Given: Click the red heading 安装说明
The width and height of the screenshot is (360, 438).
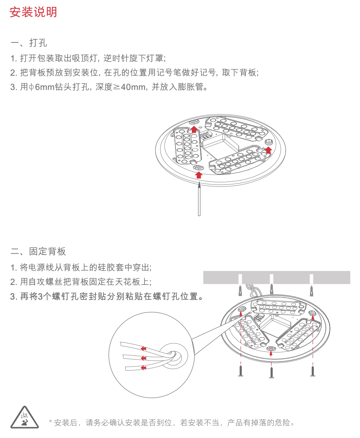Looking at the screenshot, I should [33, 12].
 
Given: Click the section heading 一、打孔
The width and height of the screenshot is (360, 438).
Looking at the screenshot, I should [29, 43].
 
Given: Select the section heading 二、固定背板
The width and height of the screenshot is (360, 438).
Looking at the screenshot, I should [38, 251].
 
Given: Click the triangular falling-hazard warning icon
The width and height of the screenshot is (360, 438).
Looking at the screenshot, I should [24, 418].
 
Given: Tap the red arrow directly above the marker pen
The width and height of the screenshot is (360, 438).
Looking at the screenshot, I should [199, 175].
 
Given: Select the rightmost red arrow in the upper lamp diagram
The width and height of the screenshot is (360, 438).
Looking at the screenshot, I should [268, 150].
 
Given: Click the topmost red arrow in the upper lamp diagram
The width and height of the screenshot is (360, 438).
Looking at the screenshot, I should [194, 129].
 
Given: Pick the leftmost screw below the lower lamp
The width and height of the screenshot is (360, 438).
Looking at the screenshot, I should [241, 370].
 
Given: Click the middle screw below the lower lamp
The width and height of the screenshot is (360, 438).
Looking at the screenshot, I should [271, 372].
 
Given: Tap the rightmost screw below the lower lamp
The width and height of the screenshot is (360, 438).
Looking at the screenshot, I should [312, 370].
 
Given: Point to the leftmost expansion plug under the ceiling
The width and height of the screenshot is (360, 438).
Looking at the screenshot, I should [240, 291].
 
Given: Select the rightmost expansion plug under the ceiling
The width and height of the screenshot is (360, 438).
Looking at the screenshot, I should [311, 291].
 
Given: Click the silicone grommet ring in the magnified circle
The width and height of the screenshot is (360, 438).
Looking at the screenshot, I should [174, 355].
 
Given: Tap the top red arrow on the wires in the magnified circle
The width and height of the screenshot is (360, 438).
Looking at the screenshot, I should [144, 348].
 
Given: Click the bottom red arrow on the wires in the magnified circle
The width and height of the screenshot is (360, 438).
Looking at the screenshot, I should [144, 367].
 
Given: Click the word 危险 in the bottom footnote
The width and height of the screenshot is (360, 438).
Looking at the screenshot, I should [283, 423].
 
